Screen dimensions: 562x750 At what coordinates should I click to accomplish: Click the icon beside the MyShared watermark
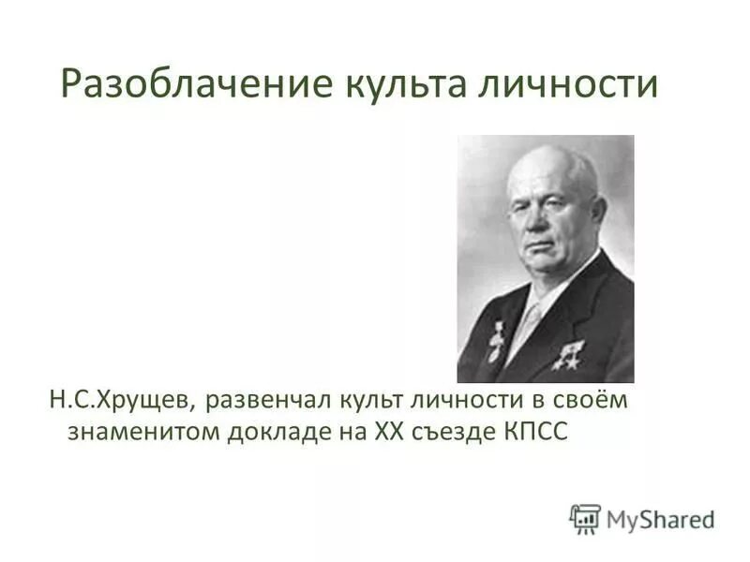click(x=585, y=518)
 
